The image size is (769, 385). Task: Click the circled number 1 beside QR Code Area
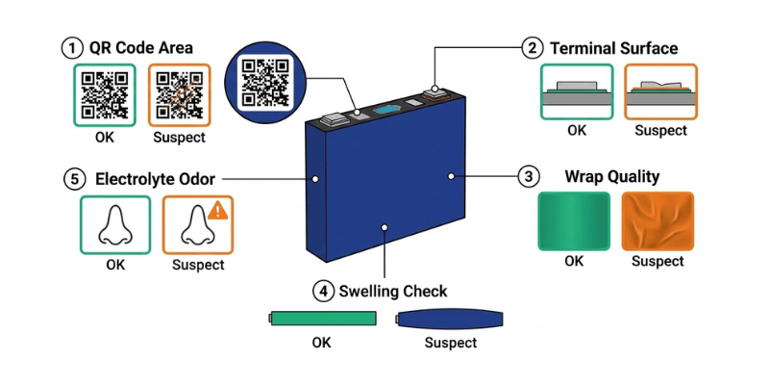(x=71, y=47)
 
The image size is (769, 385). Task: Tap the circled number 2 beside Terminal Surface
(x=532, y=47)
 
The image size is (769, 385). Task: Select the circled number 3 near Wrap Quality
(x=528, y=177)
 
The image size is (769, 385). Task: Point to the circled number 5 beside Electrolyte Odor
(x=74, y=178)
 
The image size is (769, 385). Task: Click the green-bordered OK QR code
(x=105, y=95)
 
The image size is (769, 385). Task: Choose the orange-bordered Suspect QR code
(x=180, y=95)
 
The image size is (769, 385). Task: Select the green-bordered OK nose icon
(x=114, y=223)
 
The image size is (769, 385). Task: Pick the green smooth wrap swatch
(x=573, y=220)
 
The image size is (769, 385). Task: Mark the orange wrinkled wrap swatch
(x=657, y=220)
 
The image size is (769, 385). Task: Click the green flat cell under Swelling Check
(x=320, y=318)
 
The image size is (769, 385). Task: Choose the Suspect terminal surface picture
(x=660, y=91)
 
